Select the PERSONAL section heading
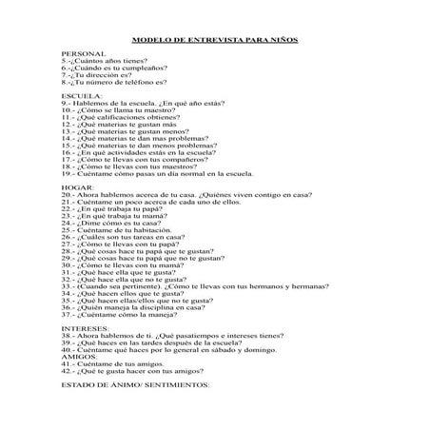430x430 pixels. coord(80,54)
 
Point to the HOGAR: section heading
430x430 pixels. coord(76,186)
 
